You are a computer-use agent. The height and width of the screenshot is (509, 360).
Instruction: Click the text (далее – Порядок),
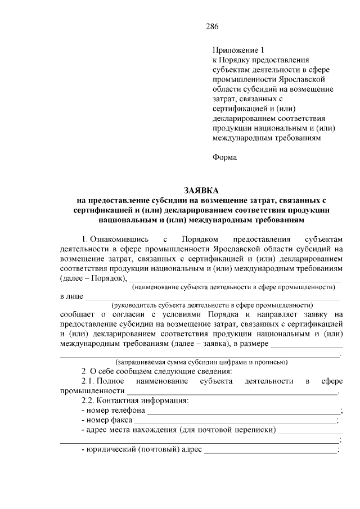pos(94,278)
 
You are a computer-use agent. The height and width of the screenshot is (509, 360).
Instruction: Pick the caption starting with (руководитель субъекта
pos(212,305)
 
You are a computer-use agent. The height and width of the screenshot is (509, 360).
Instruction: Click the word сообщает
pos(80,314)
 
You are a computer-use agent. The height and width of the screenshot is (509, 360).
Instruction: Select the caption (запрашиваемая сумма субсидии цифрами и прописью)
pos(201,362)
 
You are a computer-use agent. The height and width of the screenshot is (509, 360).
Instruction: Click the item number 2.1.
pos(89,381)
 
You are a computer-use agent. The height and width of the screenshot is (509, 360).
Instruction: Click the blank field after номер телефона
pos(243,411)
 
